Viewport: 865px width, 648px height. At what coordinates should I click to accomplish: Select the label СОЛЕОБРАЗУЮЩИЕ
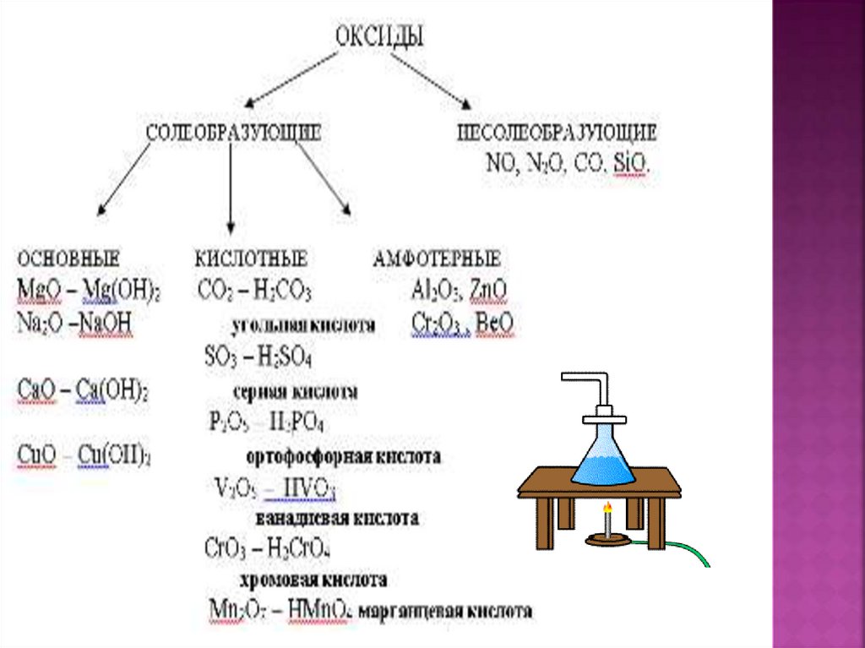point(233,133)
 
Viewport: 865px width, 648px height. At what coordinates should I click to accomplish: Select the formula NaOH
point(106,324)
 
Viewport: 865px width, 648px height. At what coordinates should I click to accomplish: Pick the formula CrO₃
point(225,547)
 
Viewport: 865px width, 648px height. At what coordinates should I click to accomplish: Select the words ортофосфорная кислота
point(343,457)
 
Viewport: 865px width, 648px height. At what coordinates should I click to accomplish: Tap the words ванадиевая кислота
point(336,517)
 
